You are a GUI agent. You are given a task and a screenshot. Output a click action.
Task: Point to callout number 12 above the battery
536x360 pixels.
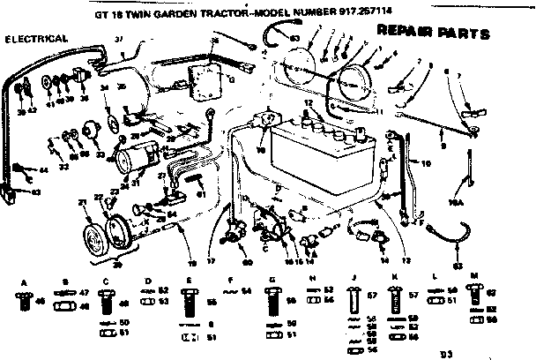tap(307, 103)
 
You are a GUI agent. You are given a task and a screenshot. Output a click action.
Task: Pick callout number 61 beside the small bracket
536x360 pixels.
tap(200, 194)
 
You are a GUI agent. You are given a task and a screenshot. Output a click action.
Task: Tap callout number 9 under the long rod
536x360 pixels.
tap(442, 145)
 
